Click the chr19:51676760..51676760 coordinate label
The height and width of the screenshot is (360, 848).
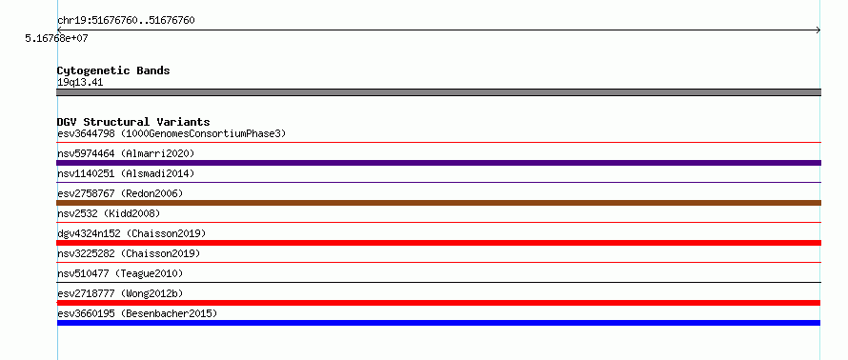[126, 21]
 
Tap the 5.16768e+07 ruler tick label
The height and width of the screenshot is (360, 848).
[56, 39]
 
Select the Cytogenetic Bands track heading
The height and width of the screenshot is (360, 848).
[113, 70]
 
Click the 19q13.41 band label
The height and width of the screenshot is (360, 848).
[80, 83]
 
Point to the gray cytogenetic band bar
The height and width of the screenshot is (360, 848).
[438, 92]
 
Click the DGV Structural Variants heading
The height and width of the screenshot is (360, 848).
[133, 122]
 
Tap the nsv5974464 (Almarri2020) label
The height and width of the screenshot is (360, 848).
[126, 153]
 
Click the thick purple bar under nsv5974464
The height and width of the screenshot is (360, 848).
[438, 163]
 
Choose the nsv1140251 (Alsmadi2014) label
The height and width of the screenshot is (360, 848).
[126, 173]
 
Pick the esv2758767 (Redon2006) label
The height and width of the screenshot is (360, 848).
[120, 193]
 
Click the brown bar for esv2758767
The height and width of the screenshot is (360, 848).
[438, 203]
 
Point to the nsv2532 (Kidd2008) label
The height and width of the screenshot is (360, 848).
[109, 213]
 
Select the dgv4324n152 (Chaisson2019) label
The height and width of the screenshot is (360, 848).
[131, 233]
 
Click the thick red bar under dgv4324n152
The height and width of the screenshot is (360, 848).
[438, 243]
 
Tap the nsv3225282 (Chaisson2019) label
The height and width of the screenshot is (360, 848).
[129, 253]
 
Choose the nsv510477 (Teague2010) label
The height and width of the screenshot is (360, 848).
[120, 273]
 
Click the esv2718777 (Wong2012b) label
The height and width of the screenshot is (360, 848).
[120, 293]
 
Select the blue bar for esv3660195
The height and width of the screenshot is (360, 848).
[438, 323]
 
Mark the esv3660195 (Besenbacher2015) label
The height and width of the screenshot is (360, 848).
[137, 313]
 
